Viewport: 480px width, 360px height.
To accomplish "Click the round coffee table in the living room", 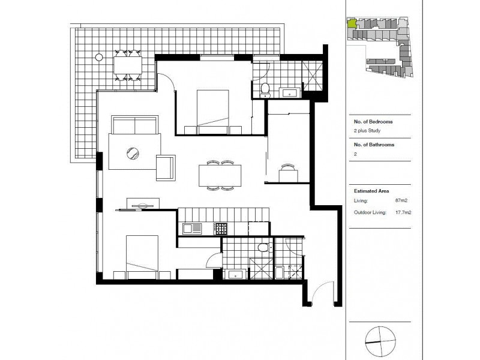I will pyautogui.click(x=132, y=154).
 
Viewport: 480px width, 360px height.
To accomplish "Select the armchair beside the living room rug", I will pyautogui.click(x=166, y=167).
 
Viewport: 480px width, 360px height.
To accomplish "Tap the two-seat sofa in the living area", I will pyautogui.click(x=134, y=126).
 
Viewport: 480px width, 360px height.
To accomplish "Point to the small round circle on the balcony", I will pyautogui.click(x=98, y=58).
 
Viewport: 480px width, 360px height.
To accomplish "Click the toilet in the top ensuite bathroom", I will pyautogui.click(x=265, y=90).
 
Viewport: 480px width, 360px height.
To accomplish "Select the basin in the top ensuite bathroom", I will pyautogui.click(x=290, y=92).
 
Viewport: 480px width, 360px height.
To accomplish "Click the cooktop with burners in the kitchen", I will pyautogui.click(x=221, y=229).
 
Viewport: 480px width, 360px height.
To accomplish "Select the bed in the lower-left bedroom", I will pyautogui.click(x=142, y=254).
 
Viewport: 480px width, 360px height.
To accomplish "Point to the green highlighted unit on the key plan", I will pyautogui.click(x=352, y=24).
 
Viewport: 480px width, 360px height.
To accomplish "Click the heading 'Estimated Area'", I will pyautogui.click(x=371, y=190).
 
